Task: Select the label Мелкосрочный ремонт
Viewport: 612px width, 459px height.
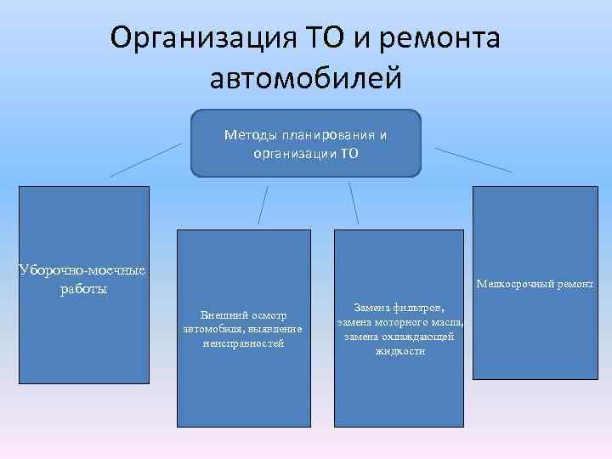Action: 535,284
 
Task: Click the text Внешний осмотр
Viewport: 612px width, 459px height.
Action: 244,315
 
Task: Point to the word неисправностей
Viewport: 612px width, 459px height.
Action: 244,343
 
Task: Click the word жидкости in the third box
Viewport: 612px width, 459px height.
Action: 399,350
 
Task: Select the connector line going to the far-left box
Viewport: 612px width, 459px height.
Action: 144,160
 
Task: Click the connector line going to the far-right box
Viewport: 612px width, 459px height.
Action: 473,160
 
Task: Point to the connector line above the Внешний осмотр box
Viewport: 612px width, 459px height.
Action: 263,205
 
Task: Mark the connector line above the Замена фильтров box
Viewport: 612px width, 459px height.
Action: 354,204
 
